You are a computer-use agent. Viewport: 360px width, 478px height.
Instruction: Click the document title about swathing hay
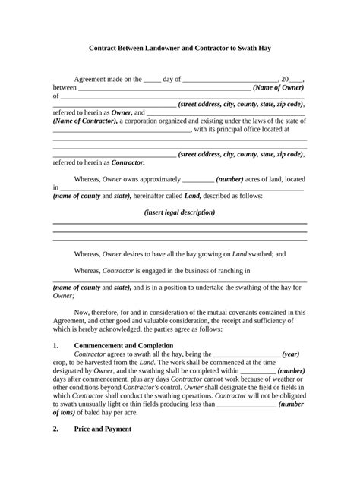(x=180, y=48)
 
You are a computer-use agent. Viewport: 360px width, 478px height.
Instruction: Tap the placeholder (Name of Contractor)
(x=83, y=121)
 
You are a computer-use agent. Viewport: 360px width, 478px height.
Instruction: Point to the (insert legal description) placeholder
(x=179, y=212)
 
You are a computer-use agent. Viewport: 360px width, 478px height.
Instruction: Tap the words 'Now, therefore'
(x=98, y=312)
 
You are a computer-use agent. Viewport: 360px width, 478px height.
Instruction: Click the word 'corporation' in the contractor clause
(x=155, y=121)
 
